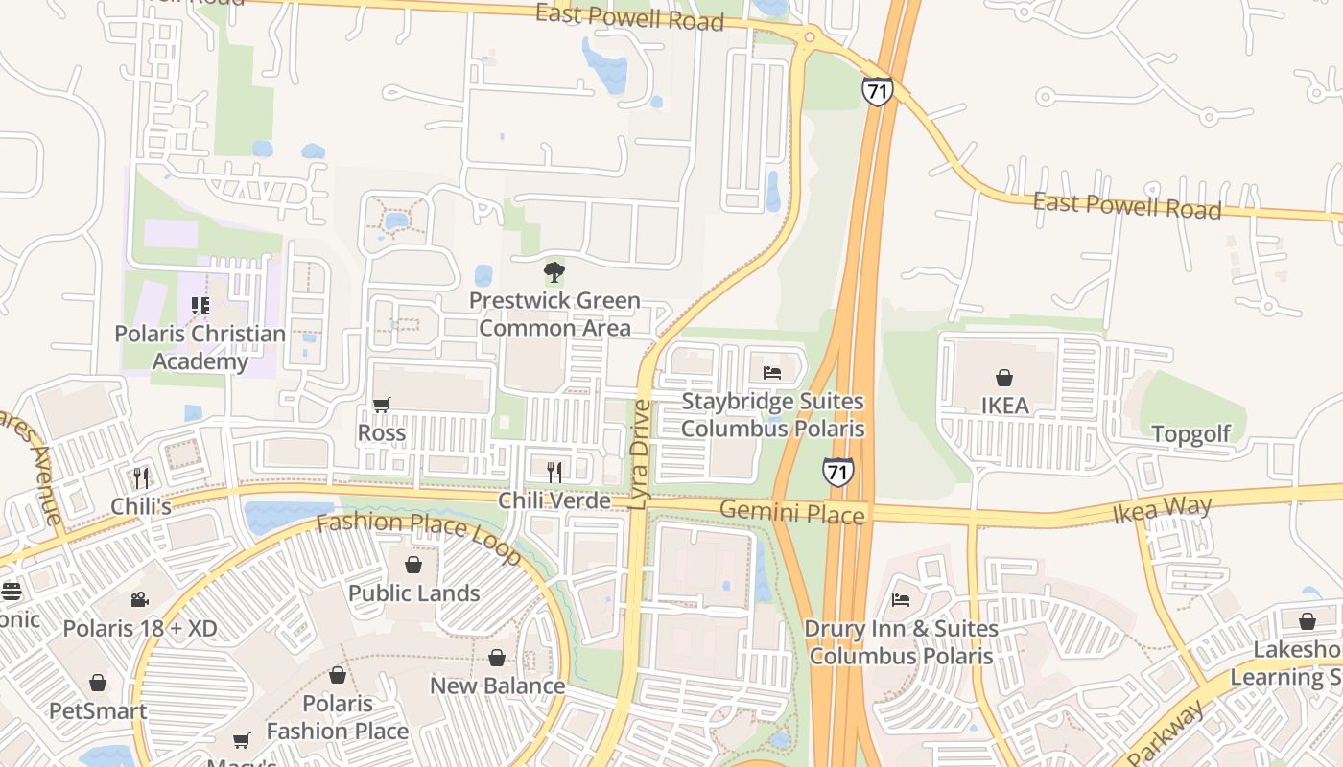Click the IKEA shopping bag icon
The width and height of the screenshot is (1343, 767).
pos(1004,378)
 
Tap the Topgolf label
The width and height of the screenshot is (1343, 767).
pos(1190,434)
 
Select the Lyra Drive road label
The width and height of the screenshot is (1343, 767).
pos(641,455)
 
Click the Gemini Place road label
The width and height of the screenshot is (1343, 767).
pos(791,513)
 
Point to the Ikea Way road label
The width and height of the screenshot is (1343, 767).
pos(1162,509)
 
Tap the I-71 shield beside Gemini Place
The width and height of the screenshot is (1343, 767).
pos(837,471)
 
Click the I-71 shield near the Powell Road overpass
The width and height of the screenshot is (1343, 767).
pos(877,91)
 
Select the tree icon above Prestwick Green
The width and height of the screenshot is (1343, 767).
pos(554,273)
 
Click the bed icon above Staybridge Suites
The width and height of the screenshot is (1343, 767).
pos(772,372)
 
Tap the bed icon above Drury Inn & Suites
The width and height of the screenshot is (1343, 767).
pos(901,600)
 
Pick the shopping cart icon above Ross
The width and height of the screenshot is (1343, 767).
pos(381,405)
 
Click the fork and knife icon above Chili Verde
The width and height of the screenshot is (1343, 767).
pos(554,471)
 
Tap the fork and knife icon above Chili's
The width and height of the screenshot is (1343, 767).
pos(141,476)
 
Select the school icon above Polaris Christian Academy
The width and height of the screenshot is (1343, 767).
pos(200,306)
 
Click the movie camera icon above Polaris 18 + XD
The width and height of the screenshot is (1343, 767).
pos(140,600)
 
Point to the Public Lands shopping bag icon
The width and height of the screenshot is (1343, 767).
pos(413,565)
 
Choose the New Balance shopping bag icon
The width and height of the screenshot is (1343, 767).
pos(496,658)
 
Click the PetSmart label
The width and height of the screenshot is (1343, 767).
pos(98,711)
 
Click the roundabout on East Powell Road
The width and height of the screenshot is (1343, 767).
pos(809,38)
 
